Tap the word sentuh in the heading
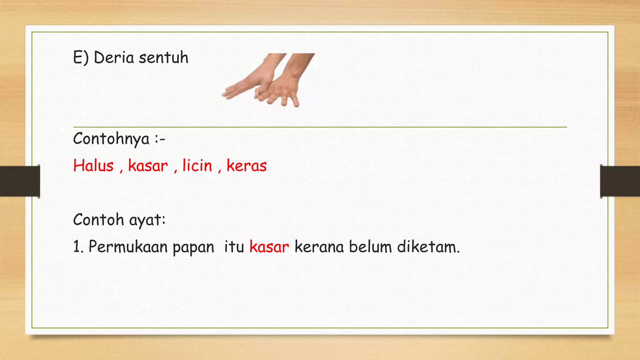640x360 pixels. click(163, 58)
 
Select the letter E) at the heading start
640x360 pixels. click(81, 58)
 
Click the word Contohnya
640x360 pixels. click(111, 139)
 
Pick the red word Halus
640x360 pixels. click(93, 166)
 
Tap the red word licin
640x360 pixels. click(197, 166)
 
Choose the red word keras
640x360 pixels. click(247, 166)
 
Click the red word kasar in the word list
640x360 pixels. click(148, 166)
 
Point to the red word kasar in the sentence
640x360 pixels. click(269, 247)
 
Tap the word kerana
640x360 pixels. click(319, 247)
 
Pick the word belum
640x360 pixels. click(370, 247)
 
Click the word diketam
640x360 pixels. click(428, 247)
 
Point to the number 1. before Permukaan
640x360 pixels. click(78, 247)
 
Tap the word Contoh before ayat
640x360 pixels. click(98, 220)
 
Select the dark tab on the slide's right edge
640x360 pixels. click(620, 181)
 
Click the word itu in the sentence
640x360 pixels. click(234, 247)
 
